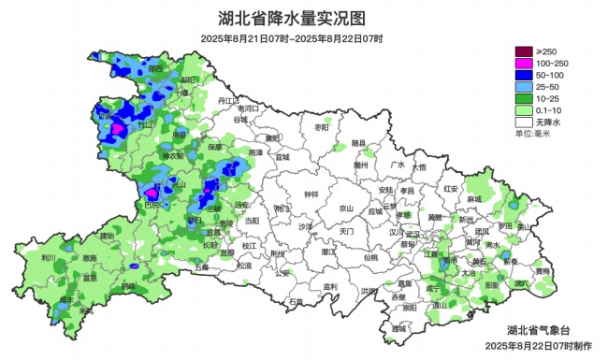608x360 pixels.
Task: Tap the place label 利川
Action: click(49, 257)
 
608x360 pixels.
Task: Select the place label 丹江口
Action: click(228, 100)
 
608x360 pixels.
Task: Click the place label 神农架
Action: click(173, 155)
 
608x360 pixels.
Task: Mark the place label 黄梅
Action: click(543, 271)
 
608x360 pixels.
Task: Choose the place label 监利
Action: click(329, 286)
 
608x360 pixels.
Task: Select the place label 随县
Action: click(358, 143)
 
